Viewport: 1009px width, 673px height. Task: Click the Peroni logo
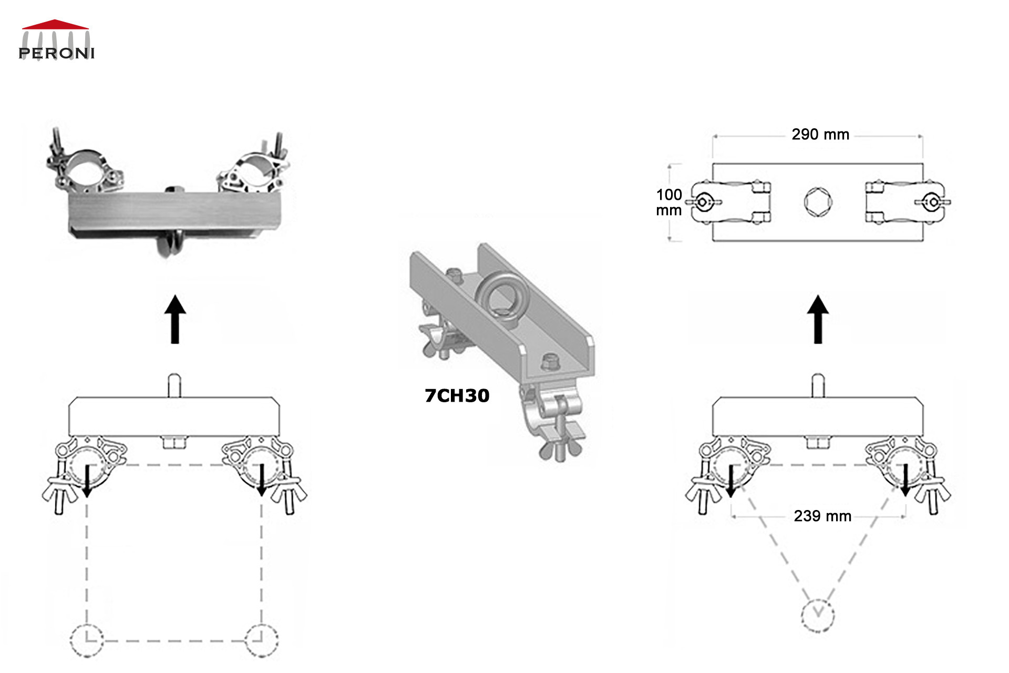56,40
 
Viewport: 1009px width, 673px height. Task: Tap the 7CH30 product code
457,395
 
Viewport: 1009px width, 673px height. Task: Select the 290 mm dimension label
820,135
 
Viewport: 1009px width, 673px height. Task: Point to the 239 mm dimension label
822,516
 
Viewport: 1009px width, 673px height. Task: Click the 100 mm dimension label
668,202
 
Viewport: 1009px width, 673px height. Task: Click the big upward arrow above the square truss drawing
175,319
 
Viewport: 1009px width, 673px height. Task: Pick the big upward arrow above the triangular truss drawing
818,319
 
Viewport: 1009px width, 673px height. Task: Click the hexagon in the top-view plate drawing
818,202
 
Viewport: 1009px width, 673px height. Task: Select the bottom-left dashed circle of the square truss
87,640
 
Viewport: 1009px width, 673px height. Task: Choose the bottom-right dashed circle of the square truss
262,640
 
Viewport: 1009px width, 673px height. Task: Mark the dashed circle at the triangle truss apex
818,615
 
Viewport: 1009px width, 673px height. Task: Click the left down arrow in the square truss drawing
87,480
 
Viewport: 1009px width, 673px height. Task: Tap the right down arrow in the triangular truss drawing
905,480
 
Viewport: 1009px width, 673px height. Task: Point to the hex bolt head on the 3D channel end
550,362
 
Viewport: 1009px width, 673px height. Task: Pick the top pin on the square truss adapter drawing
174,385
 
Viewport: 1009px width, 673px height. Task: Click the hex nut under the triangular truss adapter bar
818,443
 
